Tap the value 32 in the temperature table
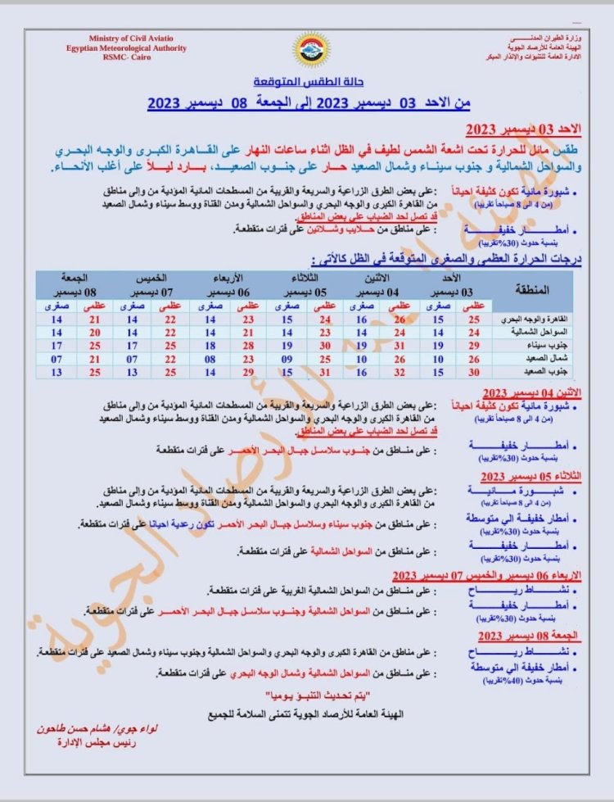click(400, 372)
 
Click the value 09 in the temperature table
click(287, 359)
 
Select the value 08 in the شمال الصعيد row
click(210, 359)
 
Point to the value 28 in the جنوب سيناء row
click(248, 346)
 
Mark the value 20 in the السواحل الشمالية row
click(94, 333)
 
